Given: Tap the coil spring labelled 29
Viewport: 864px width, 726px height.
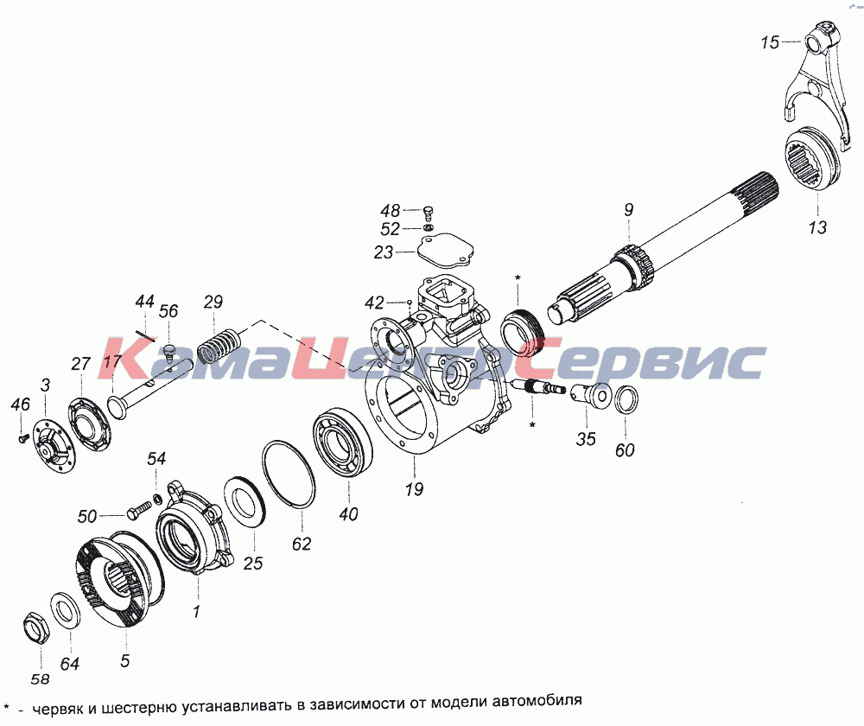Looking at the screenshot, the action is click(x=219, y=346).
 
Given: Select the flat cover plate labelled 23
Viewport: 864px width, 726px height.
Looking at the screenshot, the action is click(x=443, y=252).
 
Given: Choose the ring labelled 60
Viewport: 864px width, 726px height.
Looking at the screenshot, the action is click(x=626, y=399).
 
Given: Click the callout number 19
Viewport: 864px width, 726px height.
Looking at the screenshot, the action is click(x=414, y=489).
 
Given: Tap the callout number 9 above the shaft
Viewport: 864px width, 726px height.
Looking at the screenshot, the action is click(x=629, y=210).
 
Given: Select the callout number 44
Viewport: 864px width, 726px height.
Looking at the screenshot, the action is click(x=145, y=302).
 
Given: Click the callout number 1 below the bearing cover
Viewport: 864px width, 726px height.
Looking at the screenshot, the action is click(x=196, y=611).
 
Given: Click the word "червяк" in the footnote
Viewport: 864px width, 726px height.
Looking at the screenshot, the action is click(x=58, y=709).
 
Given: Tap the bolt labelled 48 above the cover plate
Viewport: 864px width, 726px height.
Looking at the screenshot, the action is click(x=429, y=213).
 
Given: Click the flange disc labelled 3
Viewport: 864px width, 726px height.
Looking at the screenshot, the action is click(x=53, y=446).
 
